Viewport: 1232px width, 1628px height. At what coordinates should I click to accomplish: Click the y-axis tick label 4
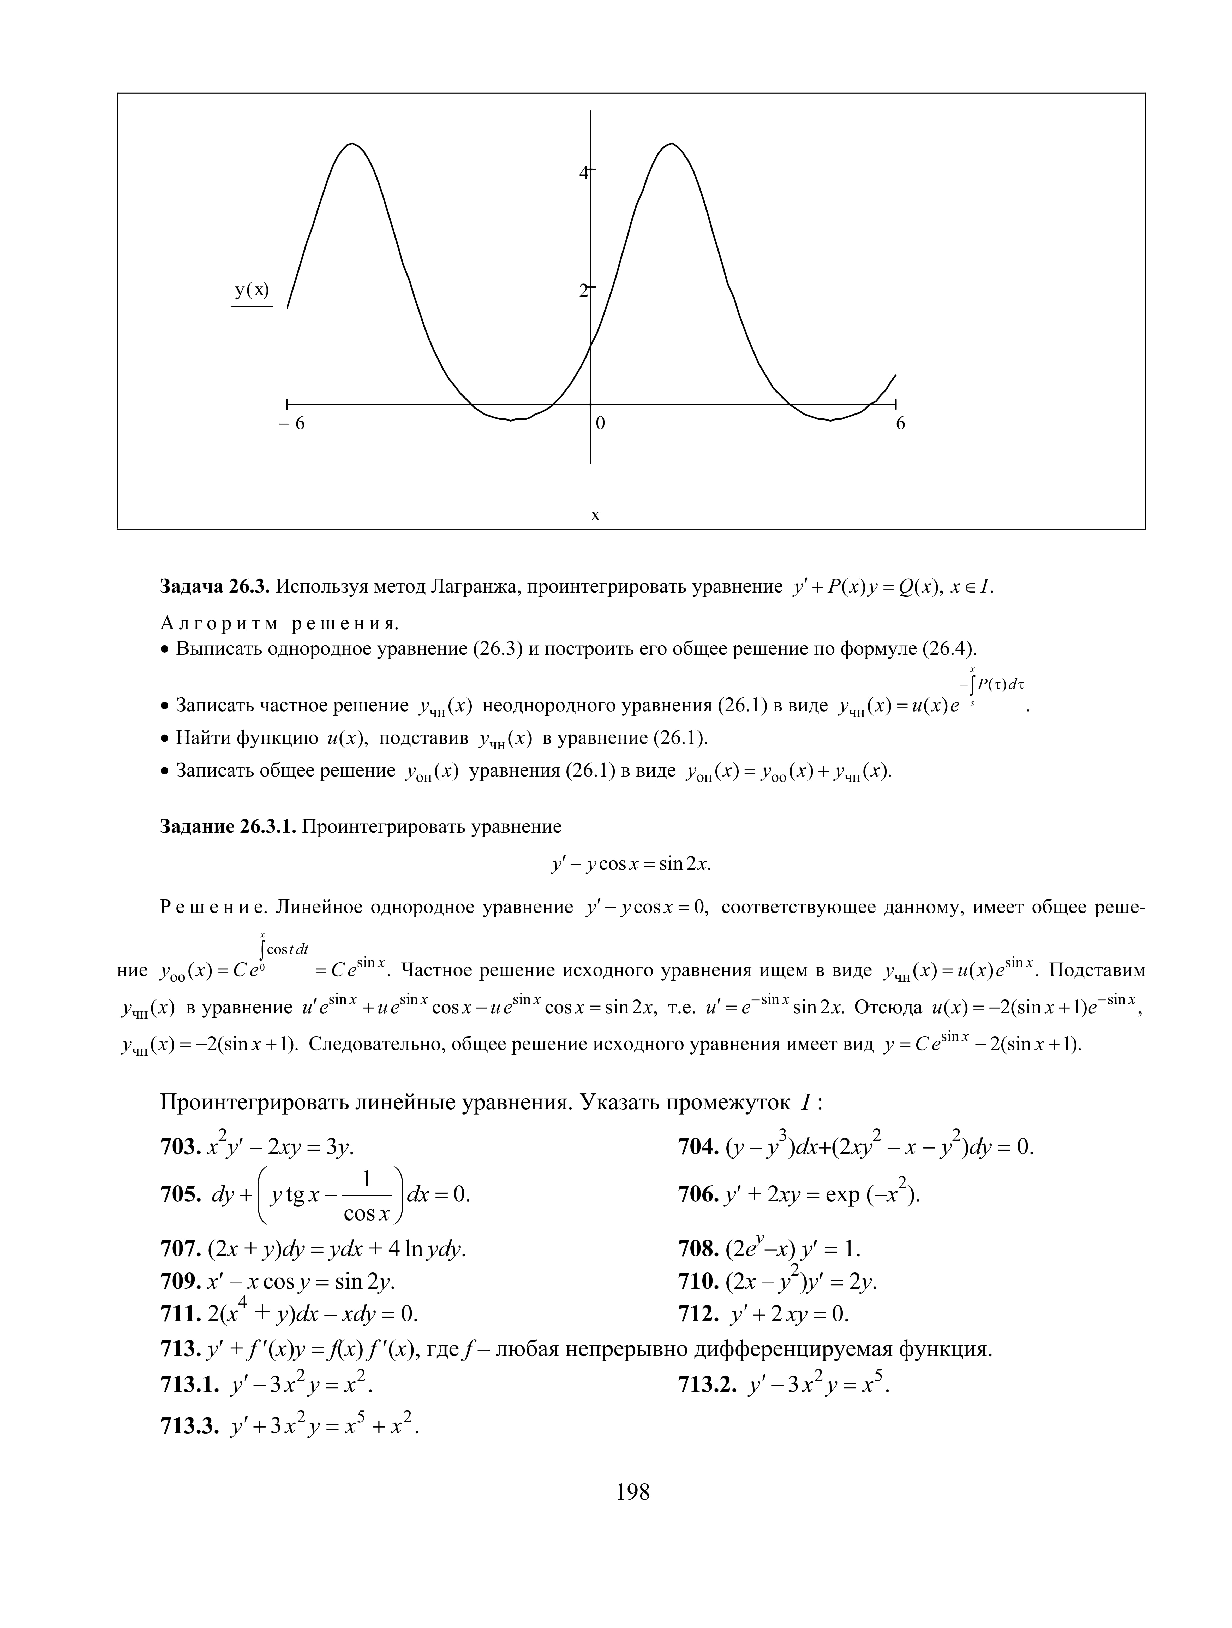(x=584, y=173)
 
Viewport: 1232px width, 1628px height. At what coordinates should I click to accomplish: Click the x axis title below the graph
(x=595, y=515)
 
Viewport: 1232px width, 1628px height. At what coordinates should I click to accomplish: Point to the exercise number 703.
(x=180, y=1147)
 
